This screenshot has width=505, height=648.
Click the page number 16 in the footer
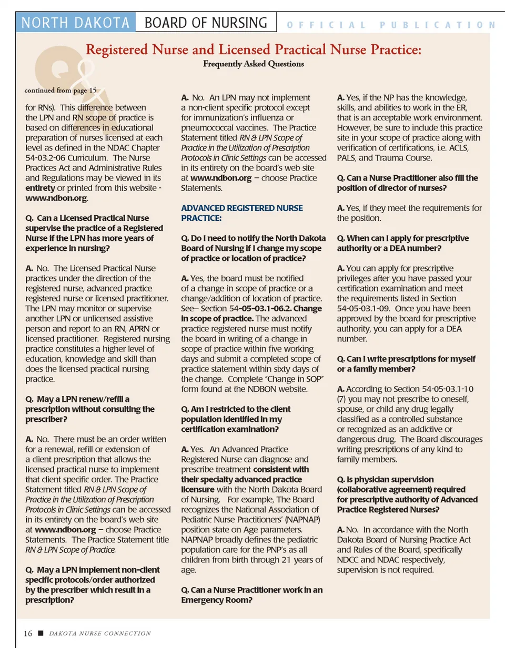28,633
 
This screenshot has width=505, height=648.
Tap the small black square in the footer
41,633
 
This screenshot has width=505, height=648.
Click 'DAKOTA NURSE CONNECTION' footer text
100,633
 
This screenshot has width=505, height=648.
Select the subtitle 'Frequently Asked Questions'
254,64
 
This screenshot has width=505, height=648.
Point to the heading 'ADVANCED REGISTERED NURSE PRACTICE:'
242,212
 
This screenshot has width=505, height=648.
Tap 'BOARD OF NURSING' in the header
206,23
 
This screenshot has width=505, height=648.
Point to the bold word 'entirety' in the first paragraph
41,188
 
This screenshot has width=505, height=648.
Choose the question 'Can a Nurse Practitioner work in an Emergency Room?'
252,595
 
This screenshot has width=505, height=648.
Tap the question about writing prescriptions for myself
406,363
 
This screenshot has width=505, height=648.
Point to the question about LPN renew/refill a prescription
90,409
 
